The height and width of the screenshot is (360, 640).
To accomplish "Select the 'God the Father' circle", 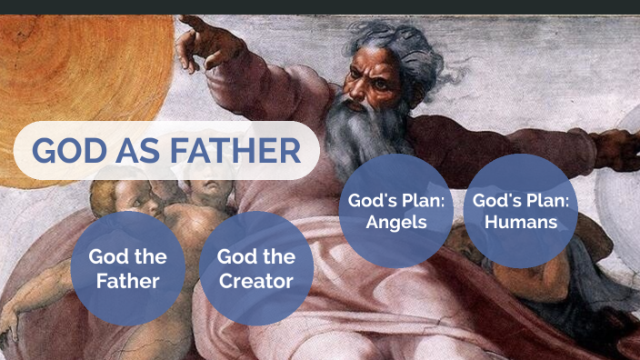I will click(127, 268).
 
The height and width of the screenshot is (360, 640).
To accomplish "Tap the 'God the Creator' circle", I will click(256, 268).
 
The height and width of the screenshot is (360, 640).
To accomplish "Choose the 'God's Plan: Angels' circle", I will click(395, 211).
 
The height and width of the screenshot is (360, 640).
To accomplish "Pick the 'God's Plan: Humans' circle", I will click(521, 211).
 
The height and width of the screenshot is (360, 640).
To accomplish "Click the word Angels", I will click(395, 222).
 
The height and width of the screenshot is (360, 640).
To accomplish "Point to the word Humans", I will click(521, 222).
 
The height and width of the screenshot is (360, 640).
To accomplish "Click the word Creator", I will click(256, 280).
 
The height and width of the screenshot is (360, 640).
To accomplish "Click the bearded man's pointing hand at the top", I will click(200, 41).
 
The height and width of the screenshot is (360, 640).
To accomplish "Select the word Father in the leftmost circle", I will click(127, 280).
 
